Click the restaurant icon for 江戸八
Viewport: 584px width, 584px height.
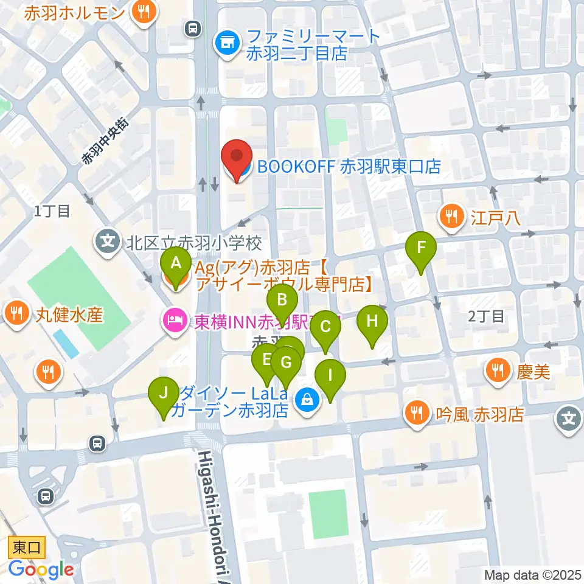451,217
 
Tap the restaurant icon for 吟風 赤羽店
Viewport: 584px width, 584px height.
417,414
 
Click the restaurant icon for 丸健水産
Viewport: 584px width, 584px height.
15,315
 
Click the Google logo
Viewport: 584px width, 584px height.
41,569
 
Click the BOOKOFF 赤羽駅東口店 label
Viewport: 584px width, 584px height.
348,167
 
